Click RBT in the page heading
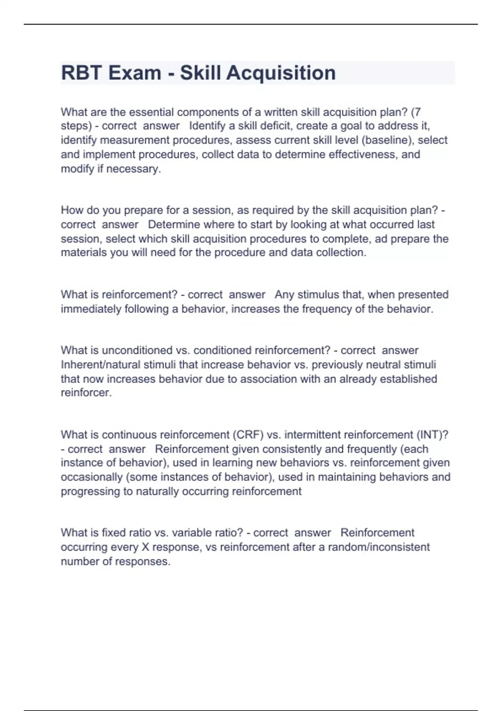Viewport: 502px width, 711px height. tap(82, 73)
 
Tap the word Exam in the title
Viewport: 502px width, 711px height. tap(135, 73)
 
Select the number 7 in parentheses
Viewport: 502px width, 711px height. tap(417, 112)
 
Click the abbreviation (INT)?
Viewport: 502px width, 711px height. tap(432, 435)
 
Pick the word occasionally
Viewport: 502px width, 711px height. tap(92, 477)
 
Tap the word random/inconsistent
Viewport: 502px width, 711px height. tap(379, 547)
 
